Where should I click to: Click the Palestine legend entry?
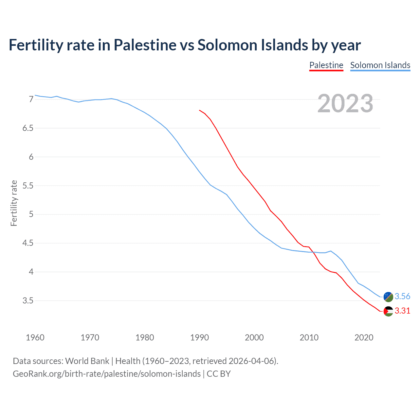pyautogui.click(x=326, y=65)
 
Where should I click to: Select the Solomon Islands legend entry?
pyautogui.click(x=380, y=65)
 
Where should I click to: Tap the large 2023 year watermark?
pyautogui.click(x=345, y=103)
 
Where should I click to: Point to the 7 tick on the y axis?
pyautogui.click(x=31, y=99)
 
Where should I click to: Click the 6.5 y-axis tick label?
pyautogui.click(x=28, y=128)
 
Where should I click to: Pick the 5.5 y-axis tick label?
pyautogui.click(x=28, y=186)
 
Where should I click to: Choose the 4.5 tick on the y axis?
pyautogui.click(x=28, y=243)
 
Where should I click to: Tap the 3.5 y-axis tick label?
pyautogui.click(x=28, y=301)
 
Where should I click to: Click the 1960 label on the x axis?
pyautogui.click(x=35, y=337)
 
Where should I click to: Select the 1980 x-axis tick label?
pyautogui.click(x=145, y=337)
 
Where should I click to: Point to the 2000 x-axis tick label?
pyautogui.click(x=254, y=337)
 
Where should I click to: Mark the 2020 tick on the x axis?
pyautogui.click(x=364, y=337)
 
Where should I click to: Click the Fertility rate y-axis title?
pyautogui.click(x=14, y=203)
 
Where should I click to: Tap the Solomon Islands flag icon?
pyautogui.click(x=388, y=297)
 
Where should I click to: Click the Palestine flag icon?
pyautogui.click(x=388, y=311)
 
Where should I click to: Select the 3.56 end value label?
pyautogui.click(x=402, y=297)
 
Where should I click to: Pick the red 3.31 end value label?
pyautogui.click(x=402, y=311)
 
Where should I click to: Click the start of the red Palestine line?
pyautogui.click(x=200, y=110)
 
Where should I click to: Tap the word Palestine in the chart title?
pyautogui.click(x=145, y=45)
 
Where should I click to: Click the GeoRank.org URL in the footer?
pyautogui.click(x=107, y=374)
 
